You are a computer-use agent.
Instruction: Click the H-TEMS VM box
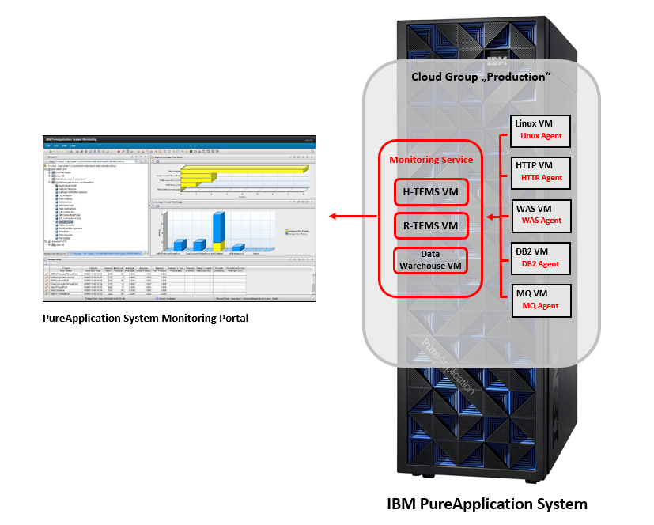431,191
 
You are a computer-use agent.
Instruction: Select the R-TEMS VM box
431,226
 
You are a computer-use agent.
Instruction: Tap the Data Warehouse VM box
431,260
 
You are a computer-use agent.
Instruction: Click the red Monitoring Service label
431,160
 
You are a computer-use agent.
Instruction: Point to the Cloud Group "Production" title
481,77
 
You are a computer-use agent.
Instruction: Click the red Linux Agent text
541,136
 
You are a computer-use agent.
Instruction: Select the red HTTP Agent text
542,178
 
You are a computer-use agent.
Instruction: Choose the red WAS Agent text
541,221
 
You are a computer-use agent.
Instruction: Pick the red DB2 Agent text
541,263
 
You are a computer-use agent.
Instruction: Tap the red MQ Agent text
540,305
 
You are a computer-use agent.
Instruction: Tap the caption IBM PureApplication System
487,504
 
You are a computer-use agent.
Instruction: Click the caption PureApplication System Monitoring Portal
146,318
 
